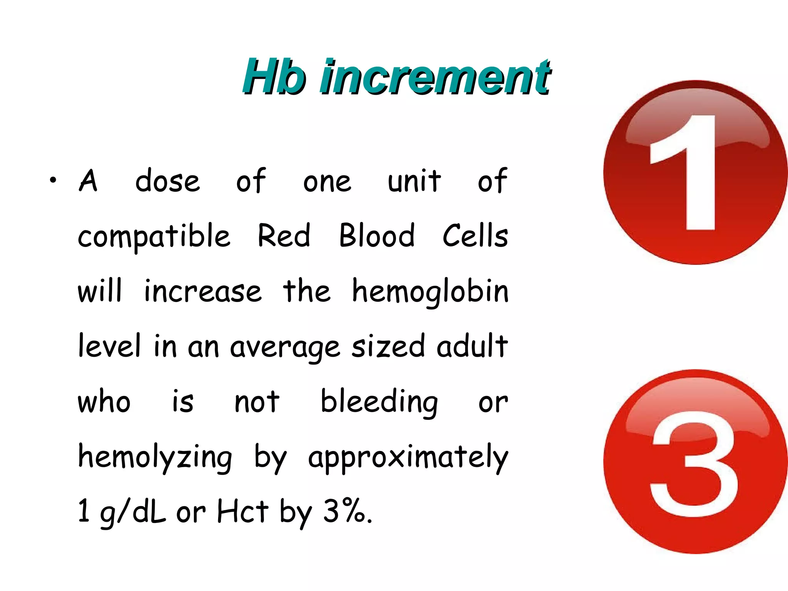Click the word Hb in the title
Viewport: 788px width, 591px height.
(x=274, y=77)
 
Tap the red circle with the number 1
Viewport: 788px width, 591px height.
(x=695, y=172)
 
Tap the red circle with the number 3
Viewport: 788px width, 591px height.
(x=695, y=462)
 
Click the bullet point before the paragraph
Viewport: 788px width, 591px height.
(x=53, y=180)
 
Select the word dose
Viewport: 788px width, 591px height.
(x=168, y=180)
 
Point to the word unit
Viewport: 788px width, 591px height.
(x=414, y=180)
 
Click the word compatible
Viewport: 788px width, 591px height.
(x=154, y=236)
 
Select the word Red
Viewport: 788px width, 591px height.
(x=284, y=235)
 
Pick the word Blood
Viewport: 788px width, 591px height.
(x=377, y=235)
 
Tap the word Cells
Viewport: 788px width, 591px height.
(x=475, y=235)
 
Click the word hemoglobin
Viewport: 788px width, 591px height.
(x=430, y=292)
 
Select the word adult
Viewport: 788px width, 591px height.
(x=472, y=346)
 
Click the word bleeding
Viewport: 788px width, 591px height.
(x=379, y=402)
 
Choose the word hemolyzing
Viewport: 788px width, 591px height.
(x=155, y=458)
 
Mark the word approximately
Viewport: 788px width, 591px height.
(x=408, y=458)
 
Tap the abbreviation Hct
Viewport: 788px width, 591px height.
(x=242, y=512)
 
